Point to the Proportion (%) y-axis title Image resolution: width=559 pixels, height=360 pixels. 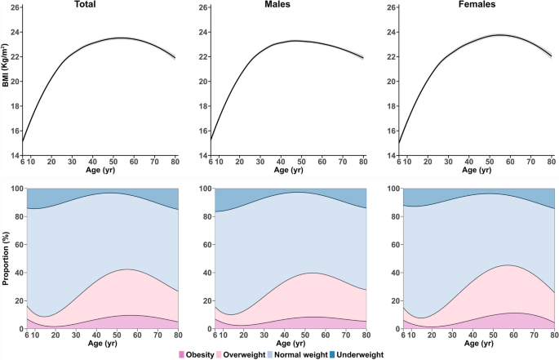(6, 259)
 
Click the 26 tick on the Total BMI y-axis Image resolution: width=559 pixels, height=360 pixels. (16, 8)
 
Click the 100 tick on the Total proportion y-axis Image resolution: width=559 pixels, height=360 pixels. (14, 189)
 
